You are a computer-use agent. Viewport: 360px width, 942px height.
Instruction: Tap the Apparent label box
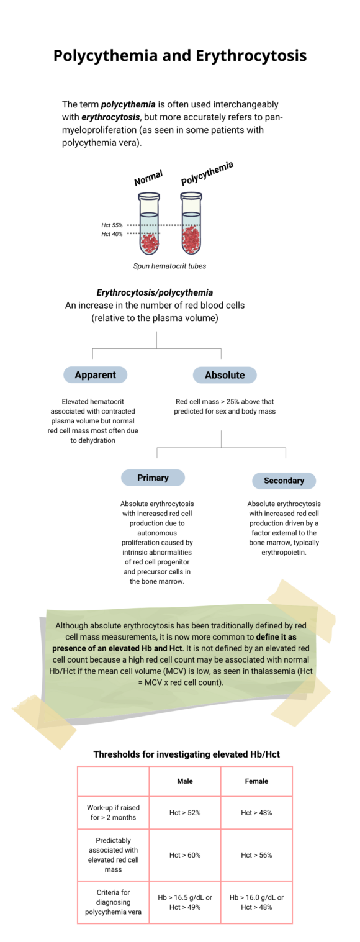click(x=95, y=374)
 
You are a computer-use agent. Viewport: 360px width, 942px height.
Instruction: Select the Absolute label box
click(x=225, y=375)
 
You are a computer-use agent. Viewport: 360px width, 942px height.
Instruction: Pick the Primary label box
click(x=153, y=478)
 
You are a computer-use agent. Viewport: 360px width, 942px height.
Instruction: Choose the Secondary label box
click(x=284, y=481)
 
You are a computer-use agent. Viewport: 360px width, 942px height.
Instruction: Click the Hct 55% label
click(x=112, y=225)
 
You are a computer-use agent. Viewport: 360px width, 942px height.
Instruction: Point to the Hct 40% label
click(x=112, y=234)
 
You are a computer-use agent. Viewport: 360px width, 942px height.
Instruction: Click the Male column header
click(x=184, y=781)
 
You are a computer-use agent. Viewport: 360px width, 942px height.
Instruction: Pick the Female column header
click(x=256, y=781)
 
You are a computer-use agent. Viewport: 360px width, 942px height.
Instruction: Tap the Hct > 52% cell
click(x=184, y=812)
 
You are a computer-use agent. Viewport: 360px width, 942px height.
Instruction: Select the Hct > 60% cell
click(x=184, y=855)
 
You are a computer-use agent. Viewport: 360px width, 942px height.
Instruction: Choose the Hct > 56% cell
click(x=256, y=855)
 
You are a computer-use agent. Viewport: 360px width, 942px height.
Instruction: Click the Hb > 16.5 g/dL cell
click(x=184, y=898)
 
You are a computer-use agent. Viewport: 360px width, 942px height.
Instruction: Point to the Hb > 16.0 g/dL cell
click(x=256, y=898)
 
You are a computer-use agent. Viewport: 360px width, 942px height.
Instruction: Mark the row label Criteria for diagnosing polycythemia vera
click(x=113, y=903)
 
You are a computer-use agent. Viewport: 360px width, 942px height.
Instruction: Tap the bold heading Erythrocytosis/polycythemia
click(x=155, y=292)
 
